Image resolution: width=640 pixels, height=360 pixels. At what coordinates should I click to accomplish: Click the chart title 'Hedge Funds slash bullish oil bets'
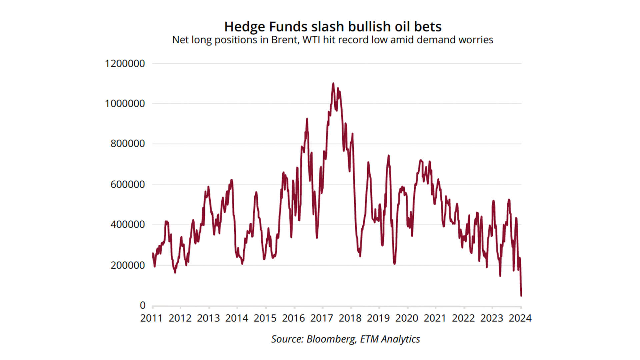pos(333,27)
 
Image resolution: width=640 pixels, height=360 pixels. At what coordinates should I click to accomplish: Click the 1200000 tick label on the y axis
pos(125,63)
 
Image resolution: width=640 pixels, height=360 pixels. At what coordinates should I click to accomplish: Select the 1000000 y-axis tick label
pos(125,104)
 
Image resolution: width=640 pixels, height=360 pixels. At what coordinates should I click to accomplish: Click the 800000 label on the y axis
pos(128,144)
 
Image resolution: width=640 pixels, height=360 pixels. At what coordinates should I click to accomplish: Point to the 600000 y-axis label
pos(128,184)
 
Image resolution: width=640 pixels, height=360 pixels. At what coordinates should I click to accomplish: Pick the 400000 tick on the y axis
pos(128,225)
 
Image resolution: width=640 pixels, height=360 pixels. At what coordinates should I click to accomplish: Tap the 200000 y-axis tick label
pos(128,265)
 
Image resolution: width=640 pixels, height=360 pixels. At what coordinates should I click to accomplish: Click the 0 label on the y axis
pos(143,305)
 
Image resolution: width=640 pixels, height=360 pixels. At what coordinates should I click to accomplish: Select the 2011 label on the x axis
pos(151,318)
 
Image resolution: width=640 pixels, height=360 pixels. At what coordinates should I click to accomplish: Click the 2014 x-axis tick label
pos(237,318)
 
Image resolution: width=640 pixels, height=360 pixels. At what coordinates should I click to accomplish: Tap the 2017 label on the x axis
pos(322,318)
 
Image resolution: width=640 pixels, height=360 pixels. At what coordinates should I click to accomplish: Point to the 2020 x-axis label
pos(407,318)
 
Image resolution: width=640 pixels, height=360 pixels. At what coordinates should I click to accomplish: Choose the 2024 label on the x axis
pos(520,318)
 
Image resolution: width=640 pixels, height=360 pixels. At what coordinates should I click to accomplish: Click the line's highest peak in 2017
pos(333,83)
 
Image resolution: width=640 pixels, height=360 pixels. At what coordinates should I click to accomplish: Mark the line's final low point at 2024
pos(521,296)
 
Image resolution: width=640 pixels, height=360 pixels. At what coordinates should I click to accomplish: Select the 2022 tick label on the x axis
pos(463,318)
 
